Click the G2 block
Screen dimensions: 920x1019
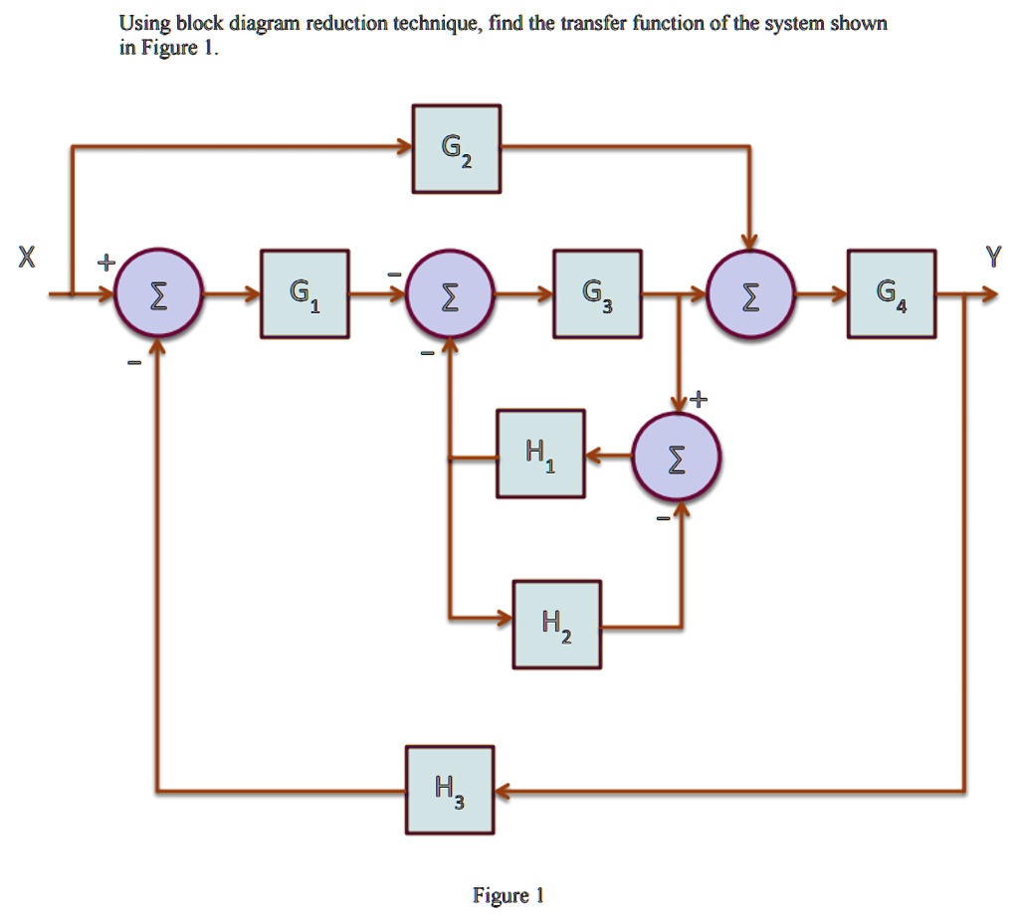click(x=457, y=149)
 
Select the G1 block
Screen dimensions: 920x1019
click(x=305, y=294)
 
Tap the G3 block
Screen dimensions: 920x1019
click(x=597, y=294)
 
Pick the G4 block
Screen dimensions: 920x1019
click(x=891, y=294)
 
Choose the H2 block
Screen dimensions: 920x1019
click(x=556, y=625)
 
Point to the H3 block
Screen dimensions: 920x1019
click(x=450, y=790)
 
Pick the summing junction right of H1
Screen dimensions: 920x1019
click(x=678, y=457)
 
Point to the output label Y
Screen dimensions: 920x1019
click(x=990, y=258)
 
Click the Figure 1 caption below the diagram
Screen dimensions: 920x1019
click(x=508, y=896)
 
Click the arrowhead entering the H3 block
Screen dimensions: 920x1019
click(x=504, y=792)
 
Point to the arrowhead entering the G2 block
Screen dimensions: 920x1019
click(x=404, y=149)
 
